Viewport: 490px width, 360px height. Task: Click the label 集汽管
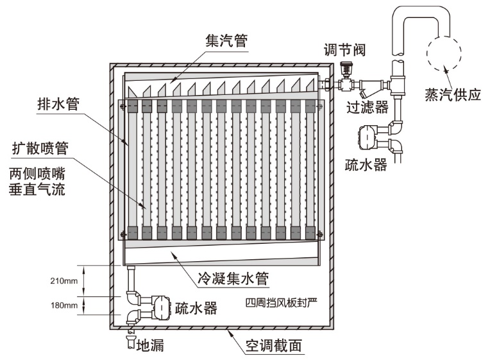click(226, 40)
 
